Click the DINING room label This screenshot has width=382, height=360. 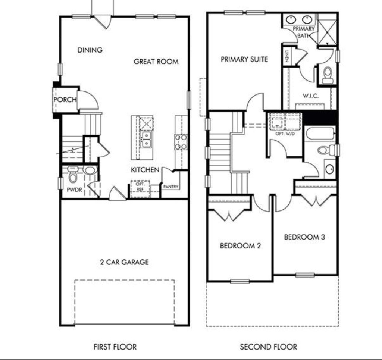tap(90, 50)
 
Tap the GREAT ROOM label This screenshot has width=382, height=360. tap(156, 62)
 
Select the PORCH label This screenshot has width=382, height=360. tap(65, 100)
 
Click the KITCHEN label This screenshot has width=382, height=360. tap(145, 170)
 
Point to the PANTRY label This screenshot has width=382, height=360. tap(171, 187)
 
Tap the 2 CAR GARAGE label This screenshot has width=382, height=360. tap(124, 262)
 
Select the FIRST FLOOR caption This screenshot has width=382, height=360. tap(115, 347)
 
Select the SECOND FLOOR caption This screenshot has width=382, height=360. tap(269, 347)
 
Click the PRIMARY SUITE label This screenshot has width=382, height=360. tap(244, 59)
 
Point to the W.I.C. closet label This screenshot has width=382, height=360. tap(311, 96)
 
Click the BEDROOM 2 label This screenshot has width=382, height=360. tap(240, 246)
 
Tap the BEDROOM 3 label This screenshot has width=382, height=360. tap(304, 237)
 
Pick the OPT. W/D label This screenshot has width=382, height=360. tap(285, 134)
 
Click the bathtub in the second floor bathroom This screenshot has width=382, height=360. tap(320, 134)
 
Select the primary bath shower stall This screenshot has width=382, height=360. tap(328, 29)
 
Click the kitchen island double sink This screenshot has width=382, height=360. tap(146, 140)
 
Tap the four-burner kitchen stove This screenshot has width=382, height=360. tap(181, 142)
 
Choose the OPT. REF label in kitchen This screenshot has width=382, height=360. tap(140, 187)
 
